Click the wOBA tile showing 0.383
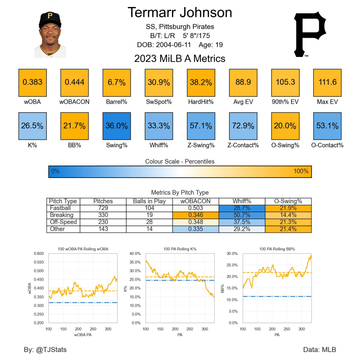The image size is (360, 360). tap(32, 83)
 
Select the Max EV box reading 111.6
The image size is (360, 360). tap(327, 83)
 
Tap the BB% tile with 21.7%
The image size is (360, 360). tap(75, 126)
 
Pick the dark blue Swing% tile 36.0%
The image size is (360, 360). tap(117, 126)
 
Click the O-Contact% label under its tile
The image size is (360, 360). tap(327, 145)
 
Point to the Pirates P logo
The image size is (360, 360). tap(310, 34)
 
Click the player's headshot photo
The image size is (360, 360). tap(50, 35)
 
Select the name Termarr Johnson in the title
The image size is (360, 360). tap(180, 13)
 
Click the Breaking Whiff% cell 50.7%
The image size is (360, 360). tap(242, 215)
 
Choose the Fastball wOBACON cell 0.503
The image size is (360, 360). tap(195, 208)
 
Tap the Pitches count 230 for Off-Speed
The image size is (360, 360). tap(103, 222)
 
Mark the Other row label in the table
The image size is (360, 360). tap(57, 229)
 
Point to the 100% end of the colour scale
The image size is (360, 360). tap(301, 171)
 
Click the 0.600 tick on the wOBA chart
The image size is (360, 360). tap(38, 253)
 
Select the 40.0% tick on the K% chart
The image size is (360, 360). tap(135, 253)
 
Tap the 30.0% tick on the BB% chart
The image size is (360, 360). tap(232, 253)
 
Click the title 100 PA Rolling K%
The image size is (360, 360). tap(180, 249)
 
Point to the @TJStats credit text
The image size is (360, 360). tap(45, 349)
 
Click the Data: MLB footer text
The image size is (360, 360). tap(319, 349)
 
